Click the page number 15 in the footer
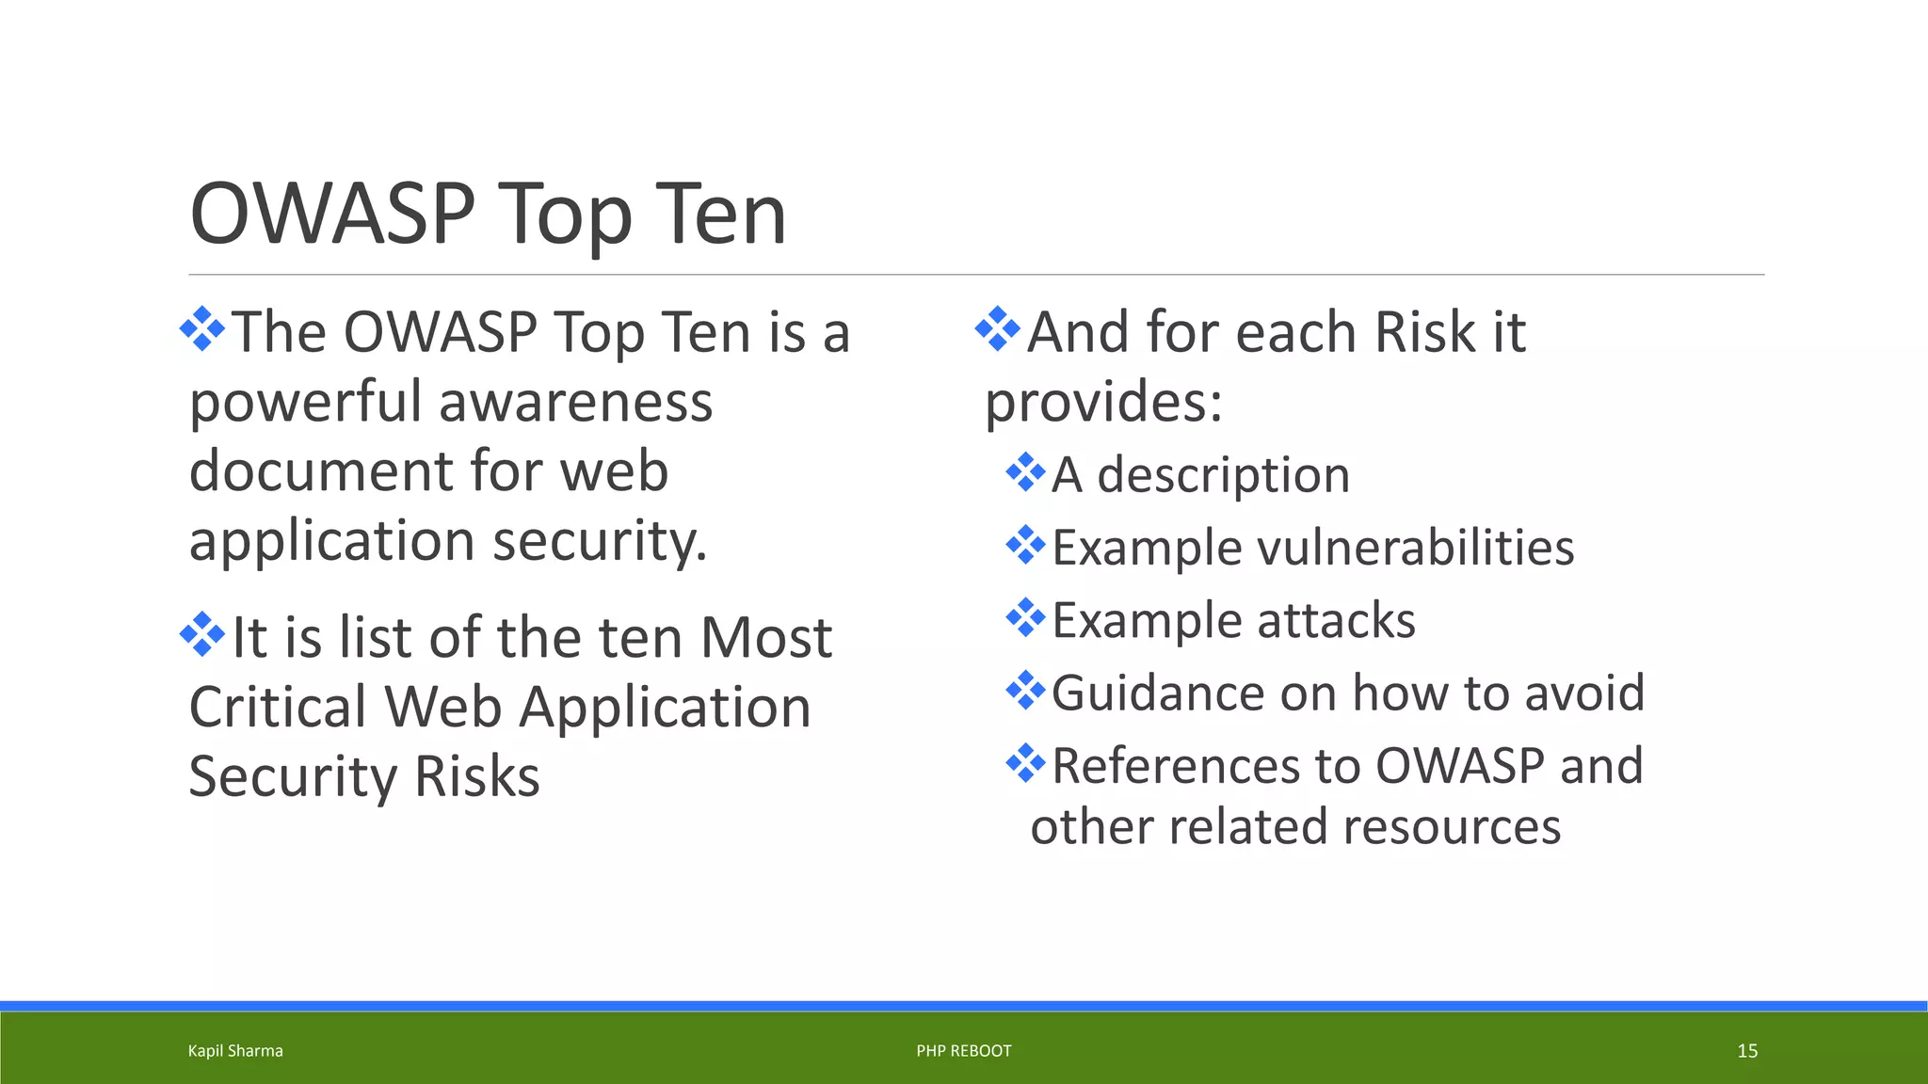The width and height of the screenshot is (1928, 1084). pos(1747,1051)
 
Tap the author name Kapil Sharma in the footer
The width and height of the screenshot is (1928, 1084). pos(235,1051)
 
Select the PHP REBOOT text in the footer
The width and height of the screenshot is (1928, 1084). pos(964,1051)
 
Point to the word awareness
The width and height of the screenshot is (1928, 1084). pos(575,403)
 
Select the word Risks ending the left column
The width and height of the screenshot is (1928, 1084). pos(476,777)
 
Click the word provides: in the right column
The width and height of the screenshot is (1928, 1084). pos(1103,403)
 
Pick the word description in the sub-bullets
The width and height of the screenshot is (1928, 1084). pos(1223,475)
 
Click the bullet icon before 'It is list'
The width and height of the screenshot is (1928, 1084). pos(202,634)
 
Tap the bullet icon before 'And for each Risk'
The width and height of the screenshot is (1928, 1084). pos(998,329)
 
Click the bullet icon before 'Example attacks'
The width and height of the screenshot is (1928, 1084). pos(1025,618)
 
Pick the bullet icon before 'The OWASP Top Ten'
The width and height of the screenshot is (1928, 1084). pos(202,329)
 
